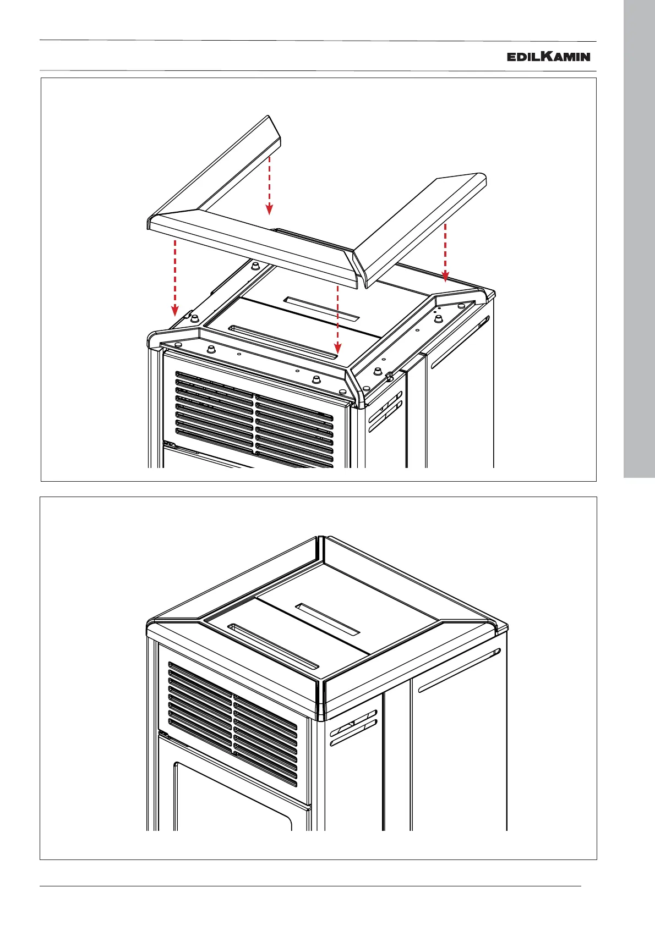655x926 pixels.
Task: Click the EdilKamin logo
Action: [548, 56]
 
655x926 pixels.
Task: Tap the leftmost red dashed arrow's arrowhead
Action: [174, 311]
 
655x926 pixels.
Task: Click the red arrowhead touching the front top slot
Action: [338, 348]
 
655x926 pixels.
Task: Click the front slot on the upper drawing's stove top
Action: [280, 343]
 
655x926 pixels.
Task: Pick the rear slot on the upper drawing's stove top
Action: [321, 308]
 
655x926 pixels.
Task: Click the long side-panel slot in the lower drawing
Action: [459, 670]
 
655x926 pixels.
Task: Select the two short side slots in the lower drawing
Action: [353, 734]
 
